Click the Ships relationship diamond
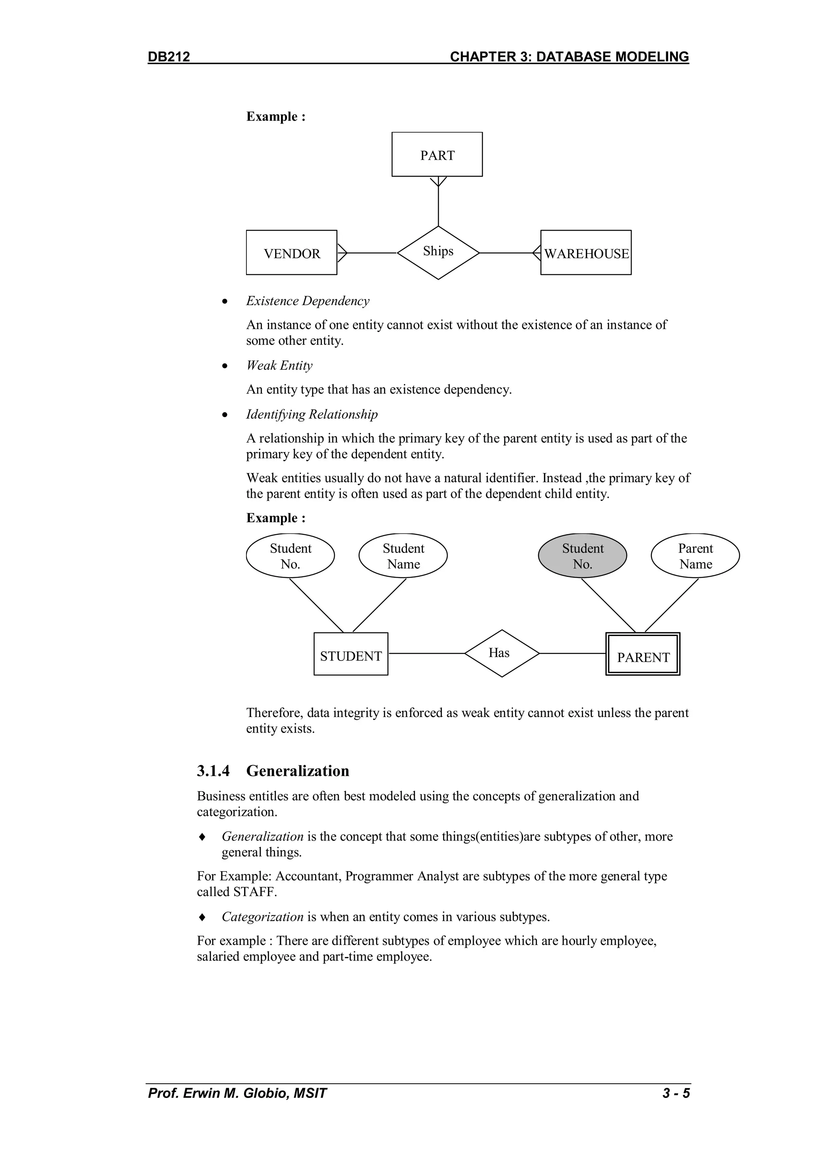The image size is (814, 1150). point(438,252)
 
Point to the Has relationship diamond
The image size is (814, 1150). point(501,653)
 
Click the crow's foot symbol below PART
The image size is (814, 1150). point(438,181)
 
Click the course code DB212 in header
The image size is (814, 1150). point(169,56)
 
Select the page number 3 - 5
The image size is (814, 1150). point(676,1093)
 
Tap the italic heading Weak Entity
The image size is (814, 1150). point(279,365)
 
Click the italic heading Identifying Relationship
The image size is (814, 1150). point(312,414)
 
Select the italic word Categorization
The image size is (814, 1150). point(262,916)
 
